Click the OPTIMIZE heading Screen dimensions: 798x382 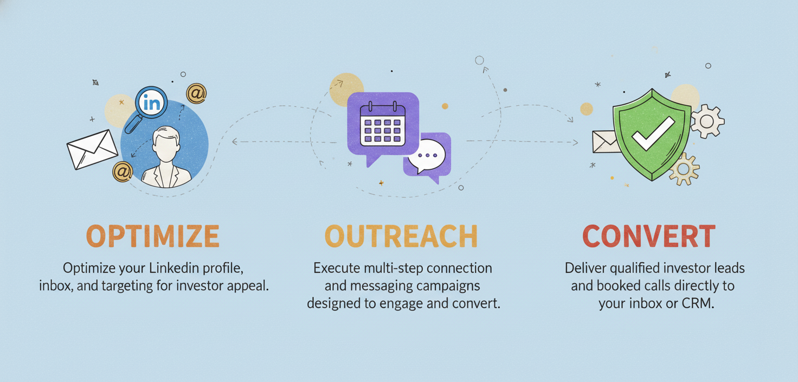coord(152,236)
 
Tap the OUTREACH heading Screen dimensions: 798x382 coord(401,236)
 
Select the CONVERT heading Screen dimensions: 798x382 coord(649,236)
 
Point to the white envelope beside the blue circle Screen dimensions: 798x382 coord(92,149)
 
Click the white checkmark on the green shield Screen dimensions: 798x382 coord(653,133)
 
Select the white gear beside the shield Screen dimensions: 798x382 coord(707,121)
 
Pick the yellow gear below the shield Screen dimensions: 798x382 coord(684,169)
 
